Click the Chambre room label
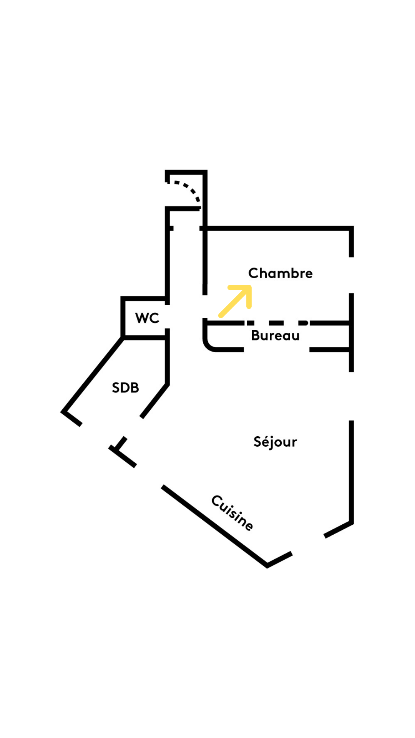click(x=280, y=273)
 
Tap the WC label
click(x=147, y=318)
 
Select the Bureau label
click(x=275, y=336)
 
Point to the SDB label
click(x=125, y=387)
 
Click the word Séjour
click(x=275, y=442)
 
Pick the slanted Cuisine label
click(x=232, y=513)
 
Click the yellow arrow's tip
click(x=249, y=287)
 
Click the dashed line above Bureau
click(x=277, y=323)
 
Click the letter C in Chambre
click(x=253, y=273)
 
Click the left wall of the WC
click(x=123, y=317)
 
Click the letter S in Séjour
click(x=258, y=442)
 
